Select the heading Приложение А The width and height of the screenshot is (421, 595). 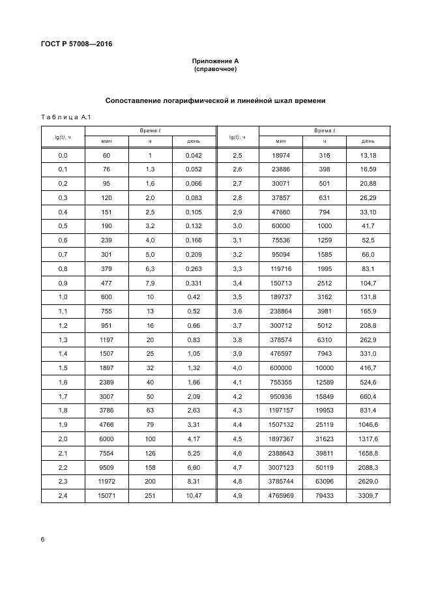(215, 60)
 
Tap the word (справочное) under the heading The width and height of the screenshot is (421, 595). (215, 68)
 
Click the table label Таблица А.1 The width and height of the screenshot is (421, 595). (64, 117)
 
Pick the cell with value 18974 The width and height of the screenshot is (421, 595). (281, 156)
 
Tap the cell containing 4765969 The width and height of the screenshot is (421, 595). (281, 497)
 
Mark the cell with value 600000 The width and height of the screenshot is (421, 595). (281, 369)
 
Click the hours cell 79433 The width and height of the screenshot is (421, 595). (324, 497)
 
